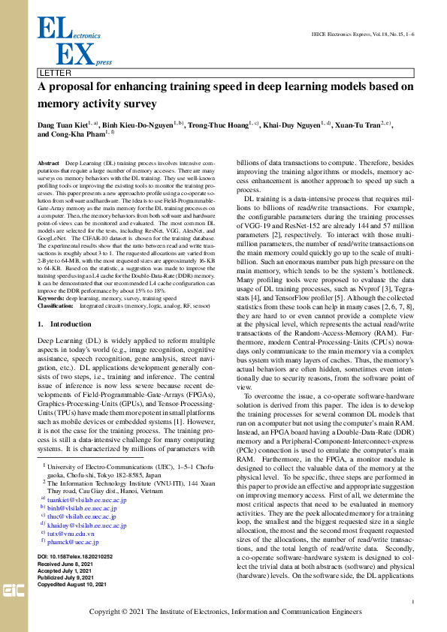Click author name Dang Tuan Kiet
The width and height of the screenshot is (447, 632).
[x=62, y=124]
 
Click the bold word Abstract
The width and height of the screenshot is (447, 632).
[x=48, y=163]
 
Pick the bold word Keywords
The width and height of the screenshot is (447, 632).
[x=50, y=297]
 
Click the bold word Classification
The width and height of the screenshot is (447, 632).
[x=56, y=305]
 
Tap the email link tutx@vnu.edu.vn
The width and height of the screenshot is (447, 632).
[x=75, y=532]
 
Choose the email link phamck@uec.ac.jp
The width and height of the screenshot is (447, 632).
[x=77, y=540]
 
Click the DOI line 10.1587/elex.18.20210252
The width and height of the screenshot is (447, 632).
[x=74, y=556]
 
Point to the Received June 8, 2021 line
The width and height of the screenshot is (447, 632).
[x=68, y=564]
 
